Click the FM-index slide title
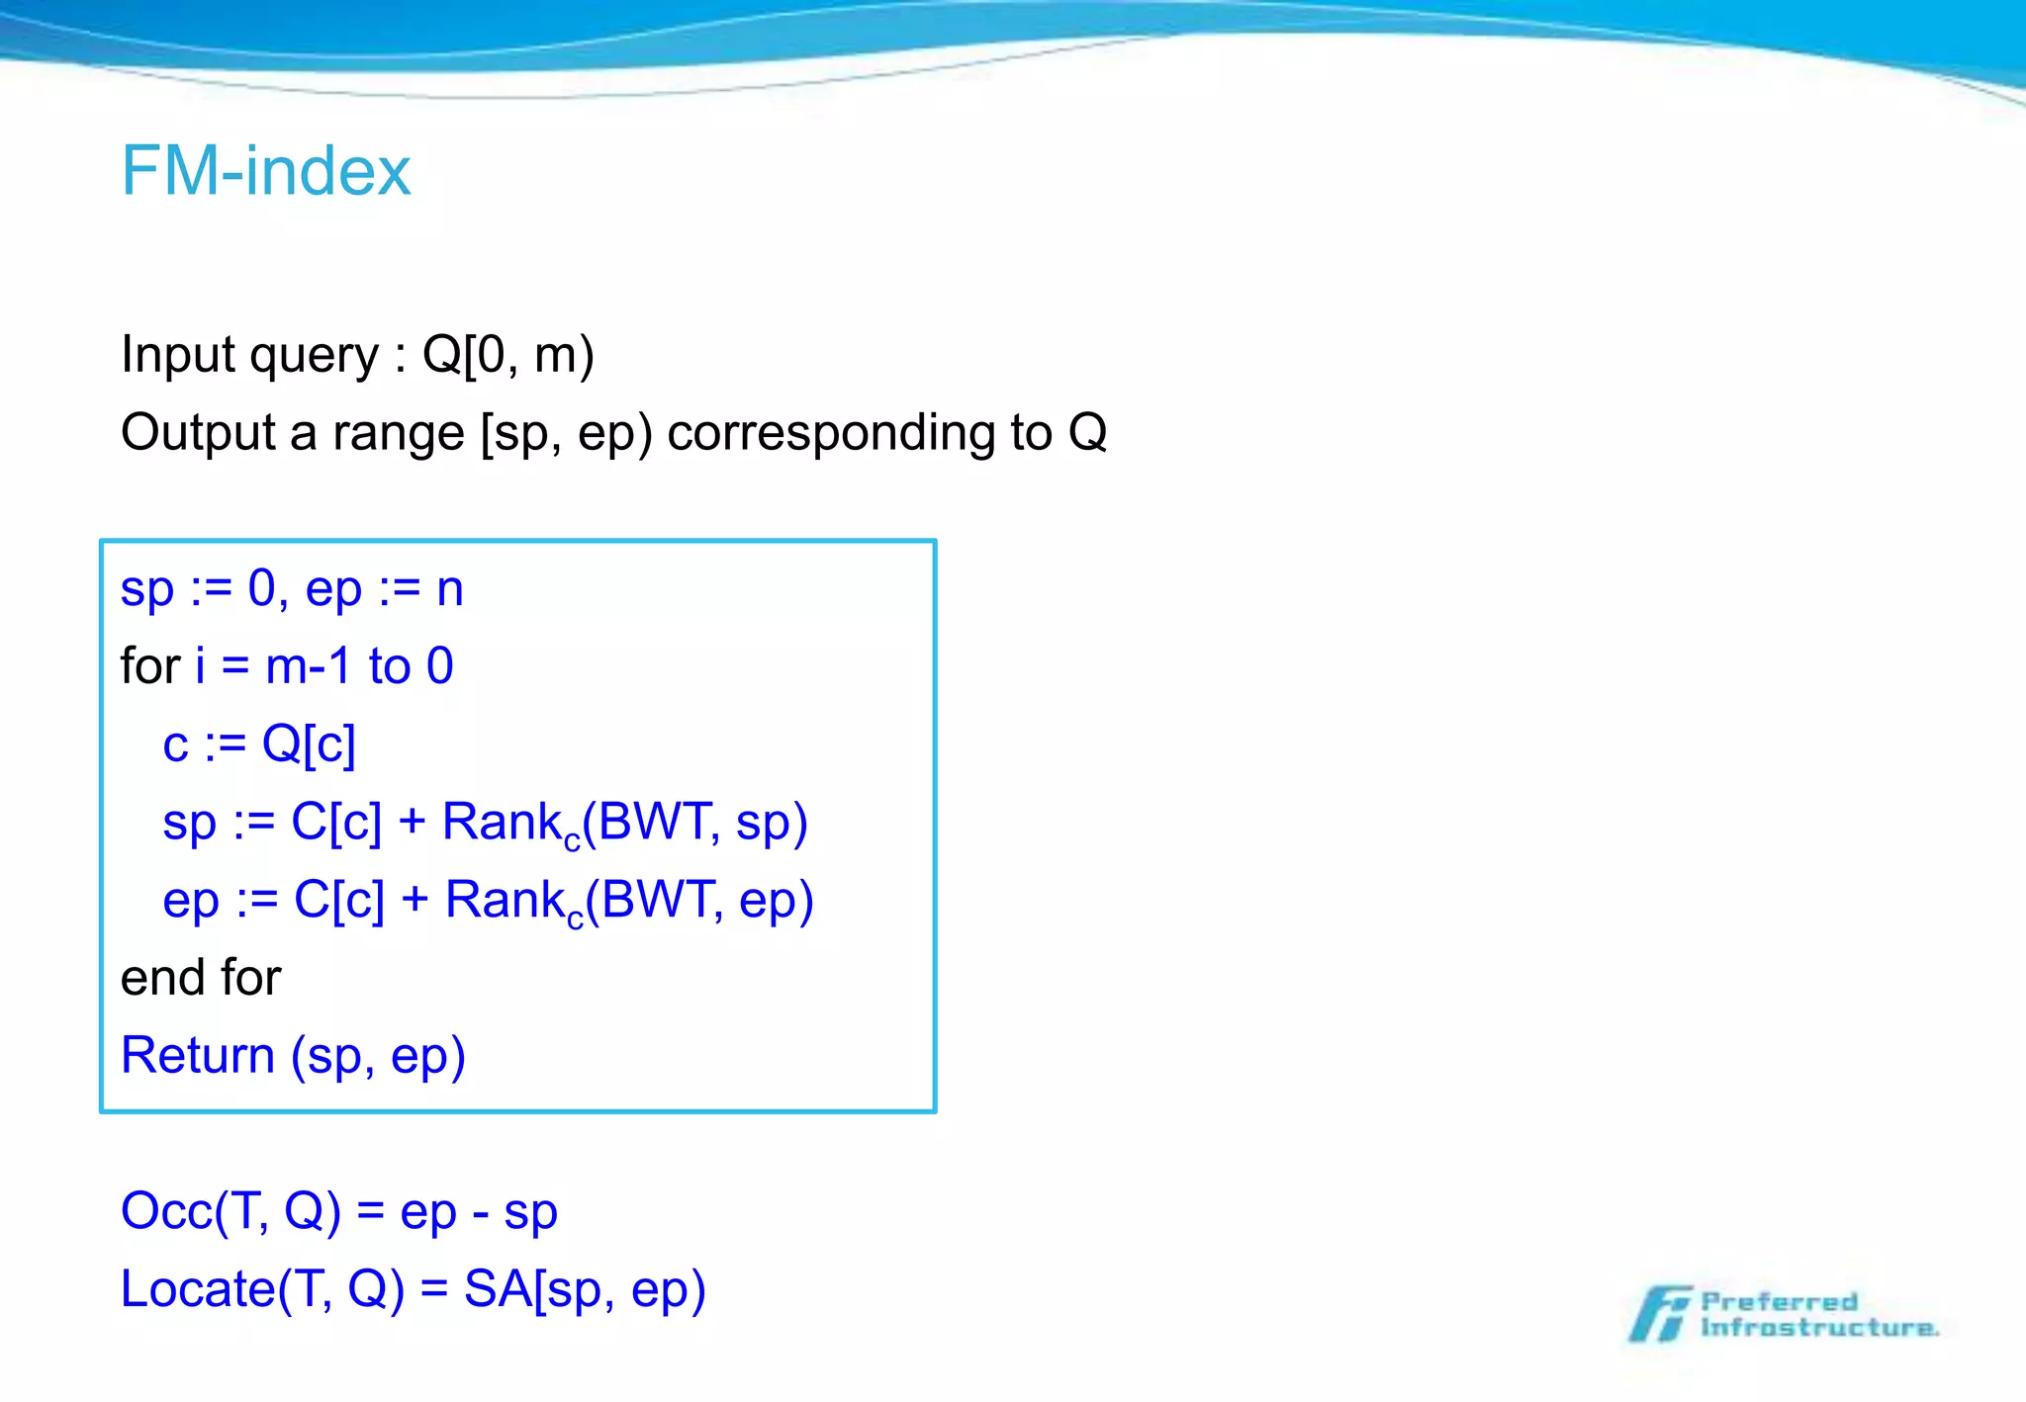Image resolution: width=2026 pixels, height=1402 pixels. (x=265, y=171)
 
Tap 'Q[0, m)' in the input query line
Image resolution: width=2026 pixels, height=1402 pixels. (x=507, y=355)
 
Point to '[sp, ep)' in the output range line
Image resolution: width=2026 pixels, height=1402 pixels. (x=566, y=433)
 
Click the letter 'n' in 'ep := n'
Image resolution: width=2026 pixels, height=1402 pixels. (x=449, y=589)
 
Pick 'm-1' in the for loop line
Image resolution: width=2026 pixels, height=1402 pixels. (x=308, y=666)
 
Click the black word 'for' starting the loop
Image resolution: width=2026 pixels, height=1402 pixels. (x=150, y=666)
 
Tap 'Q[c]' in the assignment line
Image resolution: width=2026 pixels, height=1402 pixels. (x=308, y=745)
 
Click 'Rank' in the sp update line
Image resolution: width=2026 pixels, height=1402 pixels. (x=502, y=823)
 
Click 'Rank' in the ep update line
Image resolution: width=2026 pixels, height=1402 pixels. (x=505, y=901)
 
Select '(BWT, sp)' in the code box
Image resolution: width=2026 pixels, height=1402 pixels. (x=695, y=823)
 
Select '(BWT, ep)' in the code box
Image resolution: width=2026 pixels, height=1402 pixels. (x=699, y=901)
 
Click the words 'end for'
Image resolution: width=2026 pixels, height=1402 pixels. (x=201, y=978)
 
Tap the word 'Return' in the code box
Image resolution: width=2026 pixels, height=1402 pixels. (x=197, y=1055)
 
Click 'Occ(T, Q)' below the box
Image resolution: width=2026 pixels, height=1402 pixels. (x=230, y=1212)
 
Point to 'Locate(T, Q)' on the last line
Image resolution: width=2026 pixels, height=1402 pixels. (x=262, y=1290)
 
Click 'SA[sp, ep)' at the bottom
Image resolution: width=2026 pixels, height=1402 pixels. (x=585, y=1290)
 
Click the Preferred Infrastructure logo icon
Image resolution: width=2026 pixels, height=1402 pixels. (x=1661, y=1314)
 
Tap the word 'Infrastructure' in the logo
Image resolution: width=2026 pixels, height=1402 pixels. (x=1818, y=1328)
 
